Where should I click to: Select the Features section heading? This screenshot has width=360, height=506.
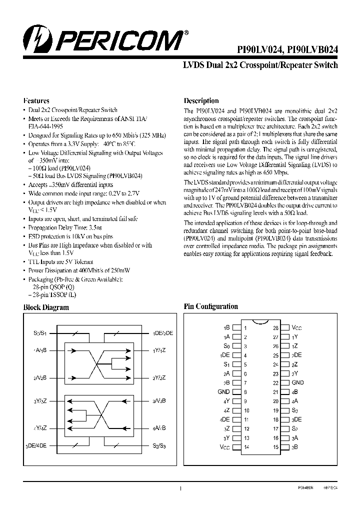coord(36,100)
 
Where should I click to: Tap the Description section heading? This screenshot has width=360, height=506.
coord(201,100)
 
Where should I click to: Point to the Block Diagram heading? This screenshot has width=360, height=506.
coord(46,307)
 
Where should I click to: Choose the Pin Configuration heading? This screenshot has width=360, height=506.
coord(211,306)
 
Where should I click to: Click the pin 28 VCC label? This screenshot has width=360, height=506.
coord(297,328)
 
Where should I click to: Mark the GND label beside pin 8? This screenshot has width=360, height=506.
coord(223,391)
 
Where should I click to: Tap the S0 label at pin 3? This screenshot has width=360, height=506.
coord(226,346)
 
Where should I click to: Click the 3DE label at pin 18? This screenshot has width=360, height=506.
coord(297,419)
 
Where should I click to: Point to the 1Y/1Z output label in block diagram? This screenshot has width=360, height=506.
coord(160,350)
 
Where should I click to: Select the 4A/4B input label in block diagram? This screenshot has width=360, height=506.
coord(159,428)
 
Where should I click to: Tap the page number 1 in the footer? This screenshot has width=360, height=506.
coord(180,488)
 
